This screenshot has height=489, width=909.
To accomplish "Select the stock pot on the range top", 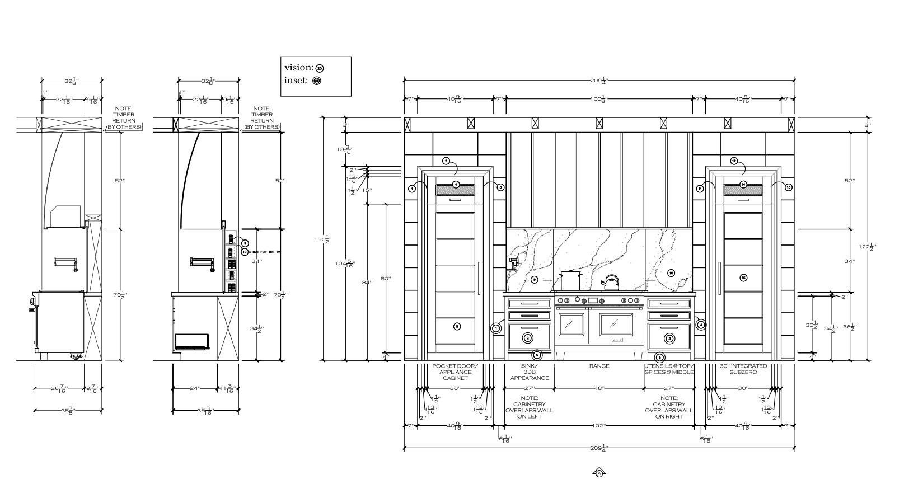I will coord(571,281).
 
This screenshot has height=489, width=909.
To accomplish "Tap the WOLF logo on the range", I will coord(617,340).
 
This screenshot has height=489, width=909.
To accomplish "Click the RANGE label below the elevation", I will coord(599,366).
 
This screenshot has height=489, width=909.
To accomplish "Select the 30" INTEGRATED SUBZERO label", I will coord(743,369).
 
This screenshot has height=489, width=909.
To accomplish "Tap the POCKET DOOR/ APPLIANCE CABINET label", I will coord(455,372).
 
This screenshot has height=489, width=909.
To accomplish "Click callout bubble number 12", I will coord(734,161).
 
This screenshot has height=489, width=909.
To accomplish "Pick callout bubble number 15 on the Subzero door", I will coord(743,278).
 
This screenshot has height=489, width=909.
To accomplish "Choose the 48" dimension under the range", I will coord(599,388).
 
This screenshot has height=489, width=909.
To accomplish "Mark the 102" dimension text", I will coord(598,426).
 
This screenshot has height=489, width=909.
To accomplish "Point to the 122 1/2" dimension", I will coord(871,246).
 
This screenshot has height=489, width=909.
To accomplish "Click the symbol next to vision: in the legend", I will coord(320,68).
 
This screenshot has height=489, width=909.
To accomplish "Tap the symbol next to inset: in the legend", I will coord(317,81).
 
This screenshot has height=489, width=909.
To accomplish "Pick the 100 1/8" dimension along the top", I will coord(599,99).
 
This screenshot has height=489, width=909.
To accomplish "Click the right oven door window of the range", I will coord(616,323).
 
